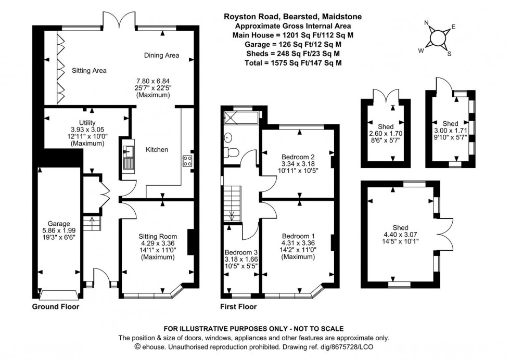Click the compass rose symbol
[438, 37]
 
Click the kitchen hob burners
[186, 161]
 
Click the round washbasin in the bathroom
[227, 138]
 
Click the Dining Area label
[161, 55]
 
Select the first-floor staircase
[231, 204]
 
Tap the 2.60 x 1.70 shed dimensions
[386, 134]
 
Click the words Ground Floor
[56, 307]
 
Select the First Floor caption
[238, 307]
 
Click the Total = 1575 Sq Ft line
[293, 62]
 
